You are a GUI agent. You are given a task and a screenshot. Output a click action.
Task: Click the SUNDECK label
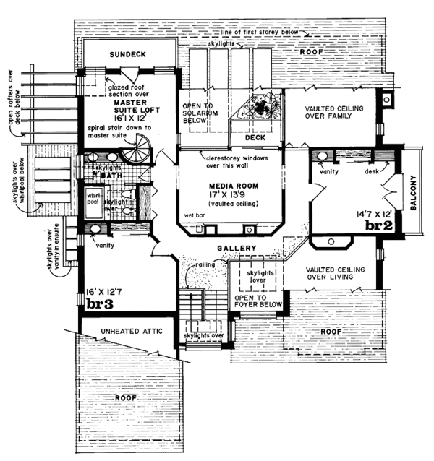(x=127, y=55)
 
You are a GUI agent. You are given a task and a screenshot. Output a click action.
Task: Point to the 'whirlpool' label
(x=94, y=199)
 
